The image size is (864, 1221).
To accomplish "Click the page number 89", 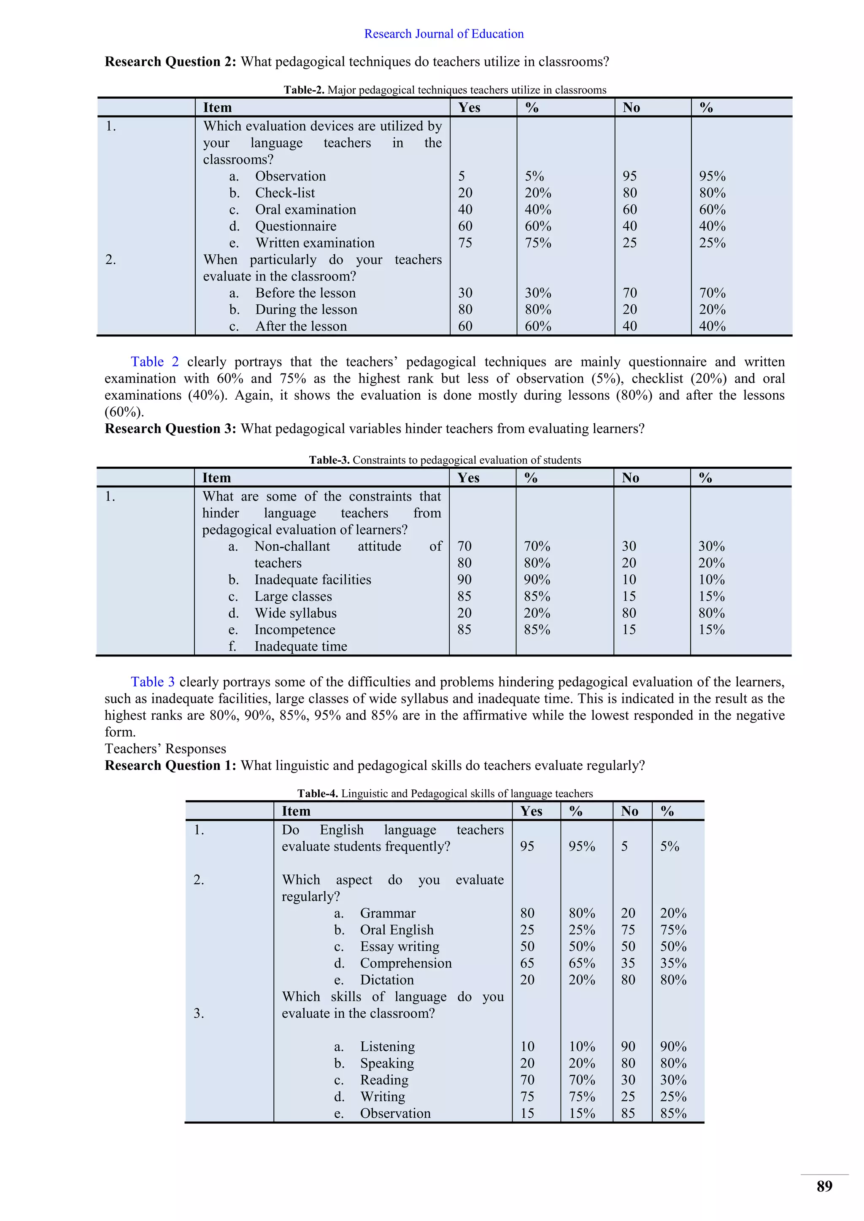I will pos(824,1186).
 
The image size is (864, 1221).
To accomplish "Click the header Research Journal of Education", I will pos(444,34).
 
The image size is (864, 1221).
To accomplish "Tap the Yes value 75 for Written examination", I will pos(465,243).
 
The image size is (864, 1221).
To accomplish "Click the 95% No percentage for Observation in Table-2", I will pos(712,176).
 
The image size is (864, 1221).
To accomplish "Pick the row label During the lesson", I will pos(306,309).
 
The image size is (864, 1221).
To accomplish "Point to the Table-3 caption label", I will pos(329,460).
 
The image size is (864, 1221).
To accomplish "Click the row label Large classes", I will pos(293,597).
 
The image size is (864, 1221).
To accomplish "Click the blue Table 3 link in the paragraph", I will pos(153,682).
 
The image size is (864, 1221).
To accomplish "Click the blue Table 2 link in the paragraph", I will pos(155,362).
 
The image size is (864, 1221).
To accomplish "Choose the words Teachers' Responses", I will pos(165,749).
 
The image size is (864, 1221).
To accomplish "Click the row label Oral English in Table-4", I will pos(397,930).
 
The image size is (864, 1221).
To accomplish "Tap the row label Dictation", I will pos(386,979).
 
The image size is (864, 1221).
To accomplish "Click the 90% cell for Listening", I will pos(673,1046).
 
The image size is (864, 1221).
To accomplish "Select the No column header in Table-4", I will pos(629,811).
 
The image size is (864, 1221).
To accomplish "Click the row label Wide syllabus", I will pos(295,613).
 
